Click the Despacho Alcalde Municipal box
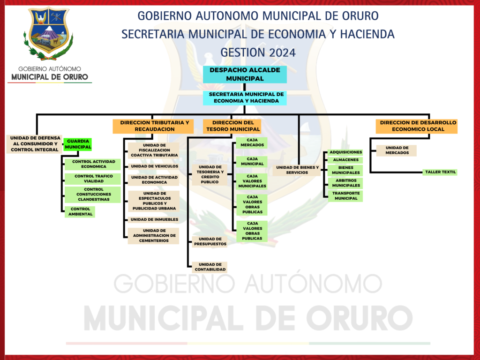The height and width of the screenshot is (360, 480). tap(245, 75)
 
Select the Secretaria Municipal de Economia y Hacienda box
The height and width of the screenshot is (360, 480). tap(245, 97)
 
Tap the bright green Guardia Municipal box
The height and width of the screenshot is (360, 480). tap(78, 144)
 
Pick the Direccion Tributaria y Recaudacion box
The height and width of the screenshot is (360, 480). tap(153, 126)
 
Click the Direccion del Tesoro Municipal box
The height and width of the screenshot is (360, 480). tap(232, 126)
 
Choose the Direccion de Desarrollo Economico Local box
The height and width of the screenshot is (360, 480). tap(417, 126)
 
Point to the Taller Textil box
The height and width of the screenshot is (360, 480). tap(440, 172)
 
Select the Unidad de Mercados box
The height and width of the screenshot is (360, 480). tap(397, 150)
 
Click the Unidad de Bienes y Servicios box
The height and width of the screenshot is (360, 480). tap(297, 170)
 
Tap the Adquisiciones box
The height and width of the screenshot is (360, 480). tap(345, 152)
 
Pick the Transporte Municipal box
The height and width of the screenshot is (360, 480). tap(345, 196)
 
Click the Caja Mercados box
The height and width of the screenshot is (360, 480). tap(252, 142)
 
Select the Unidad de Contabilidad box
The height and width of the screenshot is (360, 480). tap(210, 267)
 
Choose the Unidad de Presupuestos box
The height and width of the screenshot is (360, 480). tap(210, 241)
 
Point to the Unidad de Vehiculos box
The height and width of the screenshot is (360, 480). tap(154, 166)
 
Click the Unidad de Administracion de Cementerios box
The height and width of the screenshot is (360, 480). tap(154, 236)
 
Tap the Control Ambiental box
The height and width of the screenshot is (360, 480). tap(80, 211)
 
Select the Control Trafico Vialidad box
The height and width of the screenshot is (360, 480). tap(93, 179)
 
